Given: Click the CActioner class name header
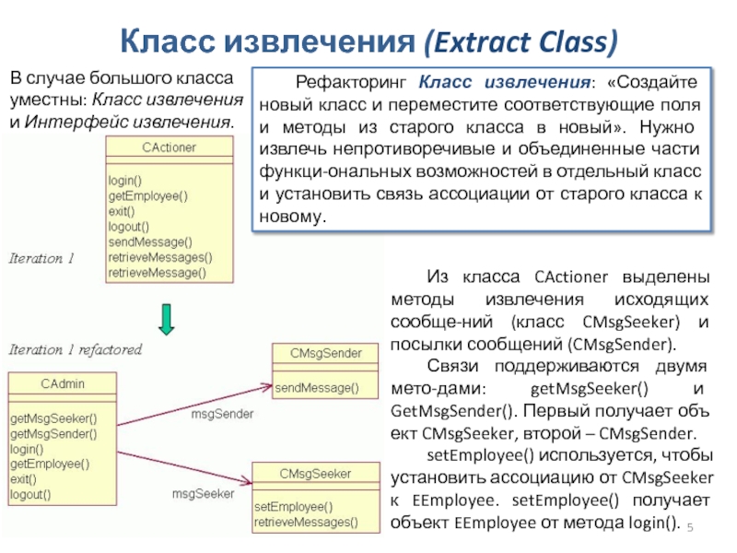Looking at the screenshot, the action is click(x=170, y=147).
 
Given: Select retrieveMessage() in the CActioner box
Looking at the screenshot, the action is click(x=158, y=273).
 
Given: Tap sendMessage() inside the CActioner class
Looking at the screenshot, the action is click(x=150, y=241).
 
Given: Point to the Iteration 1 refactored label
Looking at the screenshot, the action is click(x=76, y=350).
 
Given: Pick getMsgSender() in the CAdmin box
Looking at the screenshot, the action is click(x=53, y=433).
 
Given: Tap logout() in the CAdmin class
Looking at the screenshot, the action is click(x=31, y=494).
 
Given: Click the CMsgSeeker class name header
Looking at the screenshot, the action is click(x=314, y=474).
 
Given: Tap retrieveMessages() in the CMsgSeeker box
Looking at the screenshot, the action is click(x=306, y=522).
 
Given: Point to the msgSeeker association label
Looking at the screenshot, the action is click(x=203, y=494).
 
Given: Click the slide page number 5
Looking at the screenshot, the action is click(x=692, y=525).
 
